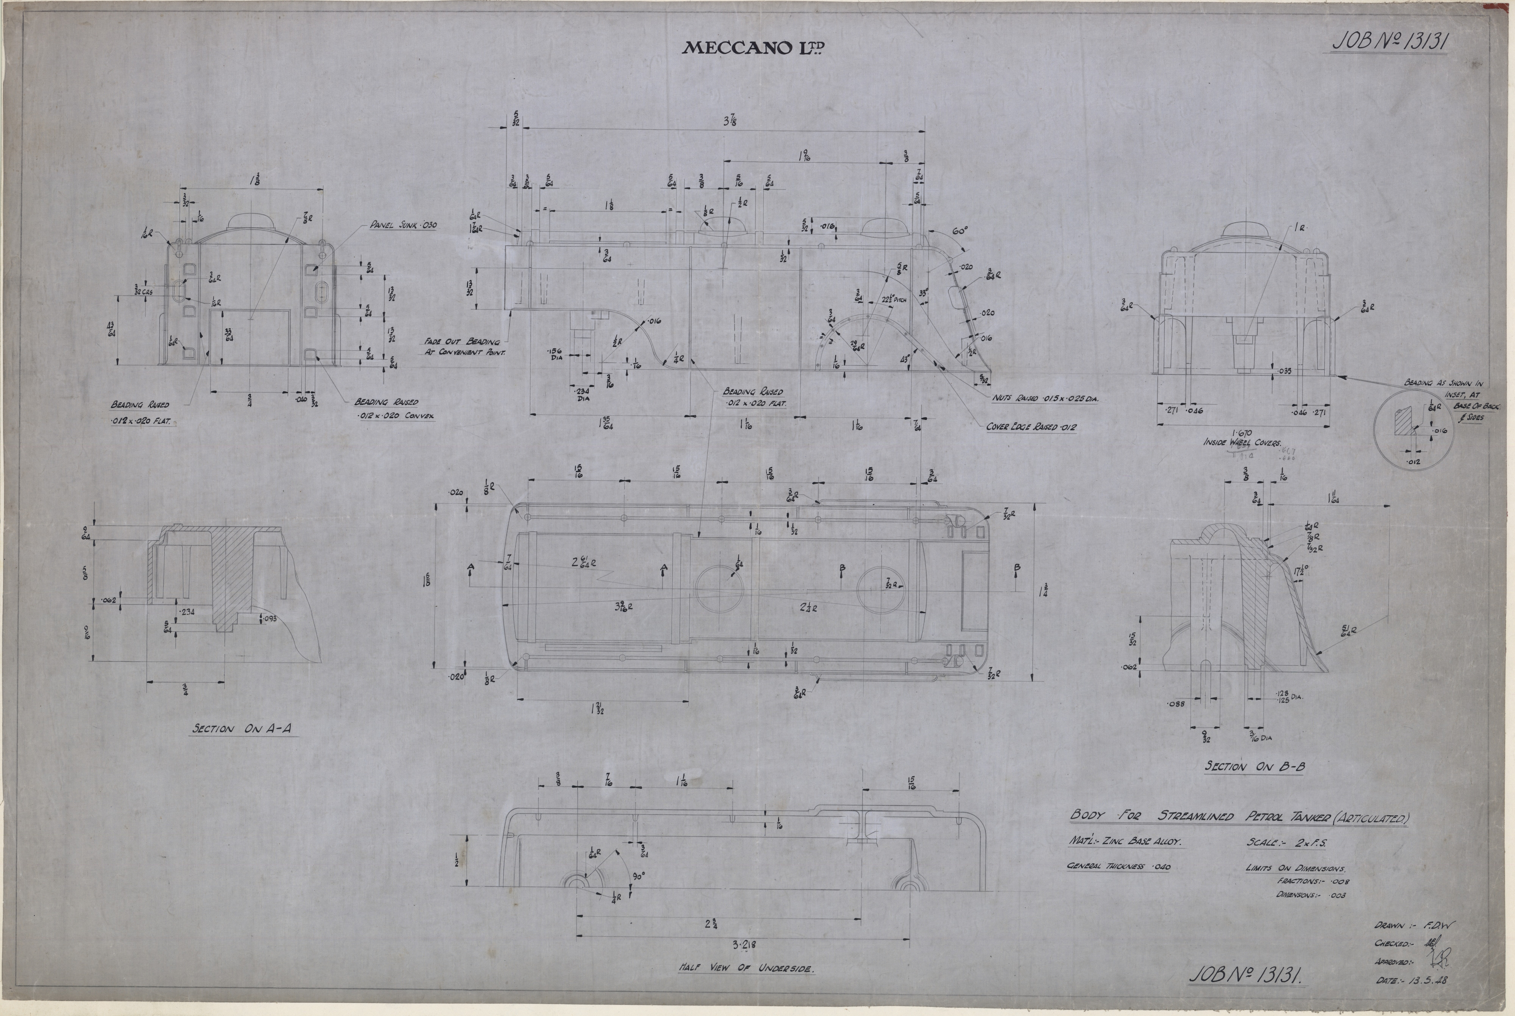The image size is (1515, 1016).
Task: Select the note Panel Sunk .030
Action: (403, 226)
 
